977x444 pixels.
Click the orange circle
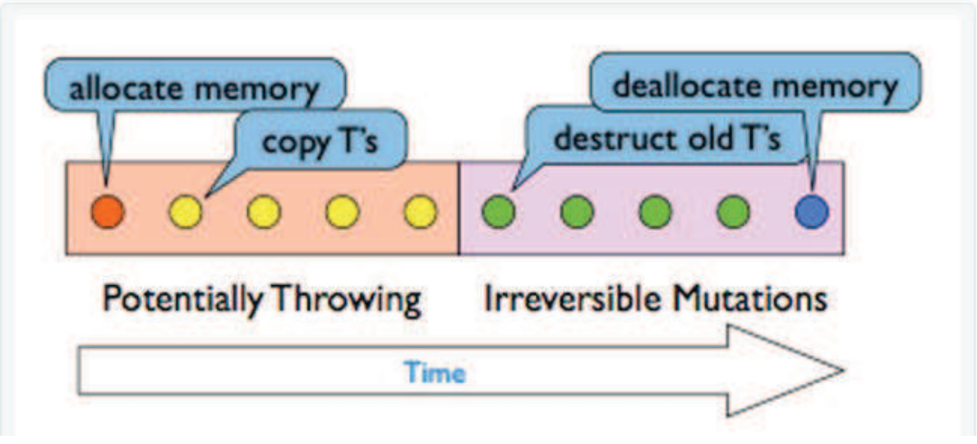click(x=107, y=211)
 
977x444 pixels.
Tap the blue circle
click(x=812, y=212)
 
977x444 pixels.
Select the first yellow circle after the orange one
click(x=185, y=212)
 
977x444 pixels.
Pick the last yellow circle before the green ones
click(x=420, y=212)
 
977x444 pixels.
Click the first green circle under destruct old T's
click(x=498, y=212)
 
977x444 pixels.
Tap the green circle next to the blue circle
click(x=733, y=212)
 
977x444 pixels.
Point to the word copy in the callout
click(x=289, y=141)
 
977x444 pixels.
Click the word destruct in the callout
click(x=606, y=138)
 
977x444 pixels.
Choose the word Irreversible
click(x=574, y=299)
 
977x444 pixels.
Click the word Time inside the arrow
click(x=435, y=373)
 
